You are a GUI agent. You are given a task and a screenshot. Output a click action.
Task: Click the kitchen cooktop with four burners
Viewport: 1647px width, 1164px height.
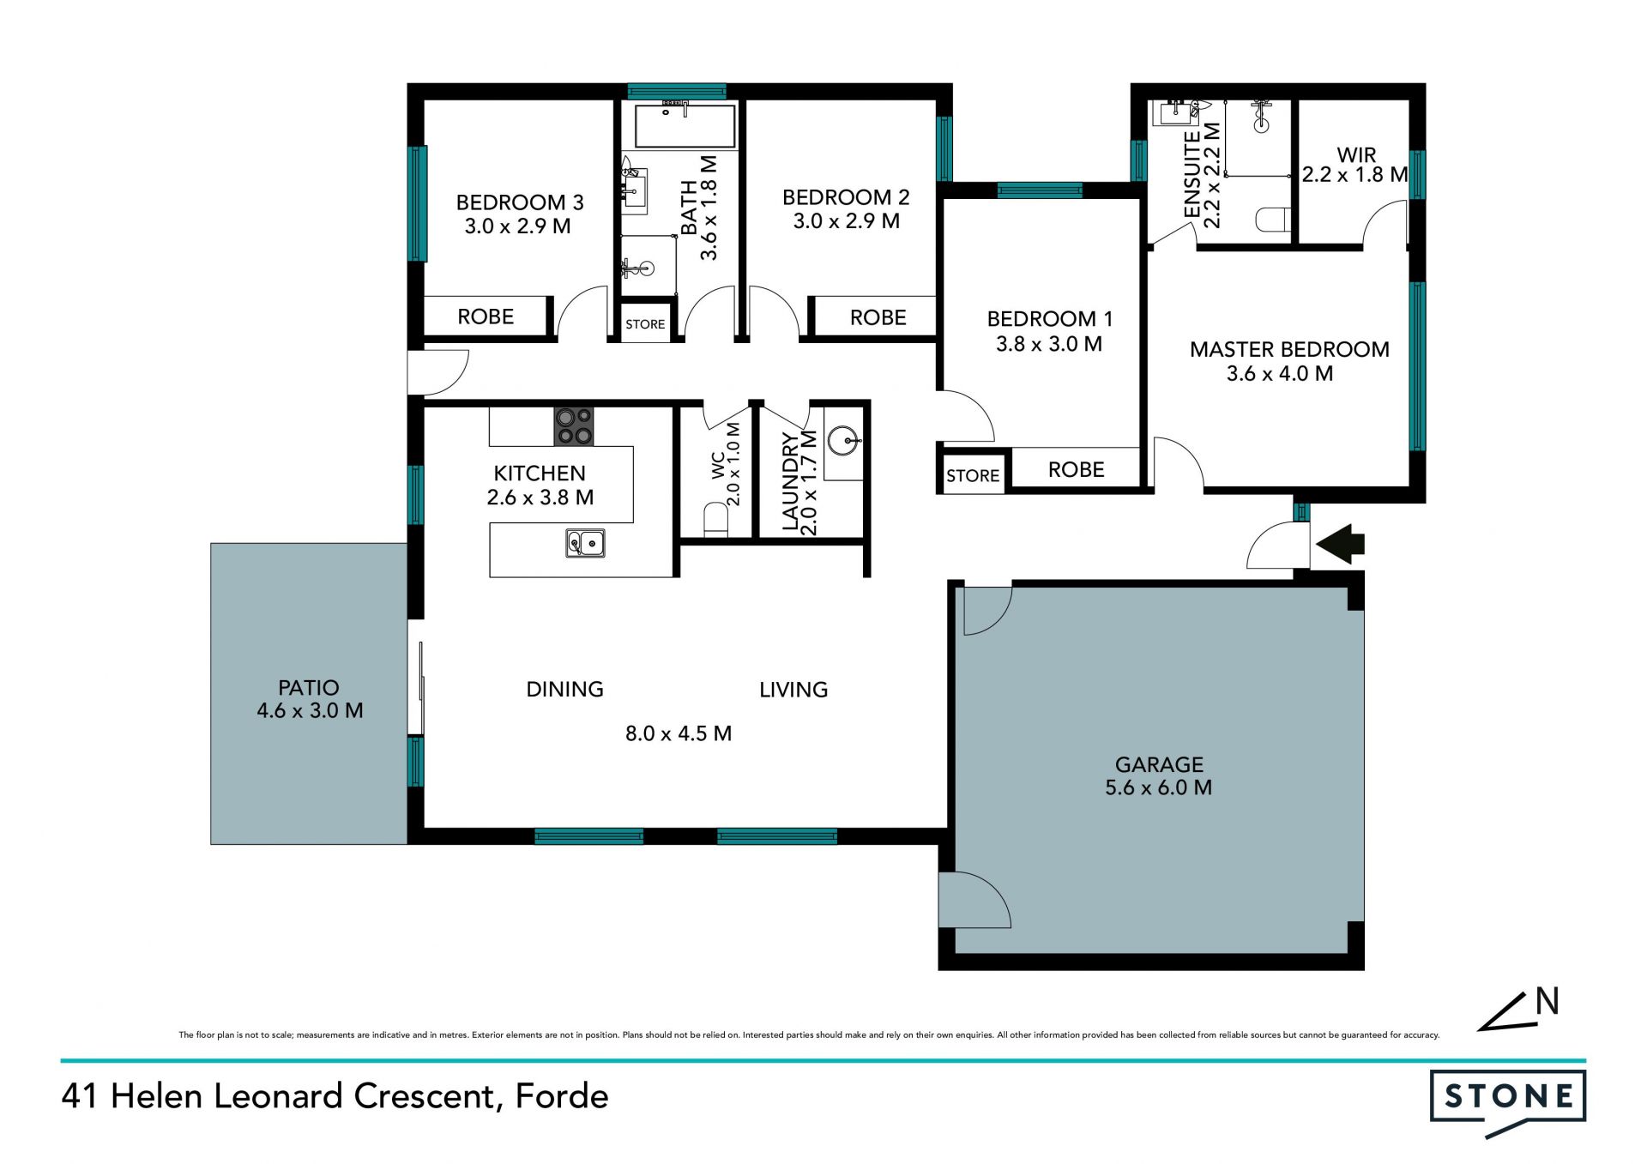tap(574, 426)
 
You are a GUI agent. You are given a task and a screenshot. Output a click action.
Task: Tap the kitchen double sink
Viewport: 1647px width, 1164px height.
tap(585, 543)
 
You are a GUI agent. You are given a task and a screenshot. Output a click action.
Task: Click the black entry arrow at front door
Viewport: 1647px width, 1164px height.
tap(1340, 544)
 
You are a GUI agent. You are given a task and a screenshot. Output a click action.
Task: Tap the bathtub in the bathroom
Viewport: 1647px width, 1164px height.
tap(685, 126)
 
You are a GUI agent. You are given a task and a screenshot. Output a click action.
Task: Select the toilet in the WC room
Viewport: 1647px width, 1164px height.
tap(715, 520)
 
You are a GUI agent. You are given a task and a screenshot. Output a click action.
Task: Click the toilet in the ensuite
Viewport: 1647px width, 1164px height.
tap(1273, 220)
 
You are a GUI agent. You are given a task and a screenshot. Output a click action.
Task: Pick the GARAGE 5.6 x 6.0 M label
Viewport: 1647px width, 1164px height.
tap(1159, 775)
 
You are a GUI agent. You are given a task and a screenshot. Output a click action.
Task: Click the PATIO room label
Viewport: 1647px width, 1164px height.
tap(309, 687)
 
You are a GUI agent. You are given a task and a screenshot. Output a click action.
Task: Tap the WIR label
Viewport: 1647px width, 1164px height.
tap(1356, 154)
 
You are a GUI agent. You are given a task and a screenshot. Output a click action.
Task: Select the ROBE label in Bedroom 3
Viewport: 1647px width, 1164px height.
tap(486, 317)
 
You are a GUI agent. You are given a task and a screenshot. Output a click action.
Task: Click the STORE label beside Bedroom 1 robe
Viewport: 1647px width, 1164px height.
tap(973, 475)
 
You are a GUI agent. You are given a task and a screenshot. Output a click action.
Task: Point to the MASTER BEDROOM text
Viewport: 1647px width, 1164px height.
tap(1289, 349)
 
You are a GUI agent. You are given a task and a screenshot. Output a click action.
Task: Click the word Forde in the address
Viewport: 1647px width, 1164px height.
tap(562, 1096)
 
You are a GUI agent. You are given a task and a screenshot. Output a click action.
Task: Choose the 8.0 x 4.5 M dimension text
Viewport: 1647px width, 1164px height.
tap(679, 733)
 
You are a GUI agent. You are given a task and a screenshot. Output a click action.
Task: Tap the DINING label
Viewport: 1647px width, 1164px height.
tap(564, 689)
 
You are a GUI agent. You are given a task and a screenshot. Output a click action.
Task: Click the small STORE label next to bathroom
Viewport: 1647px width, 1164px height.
tap(645, 324)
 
